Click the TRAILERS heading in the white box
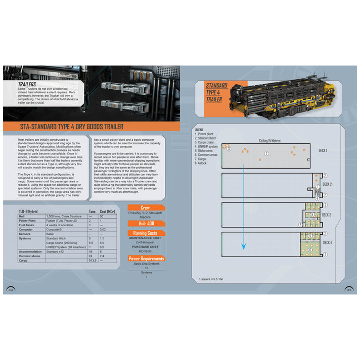click(27, 84)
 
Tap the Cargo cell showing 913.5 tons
click(93, 260)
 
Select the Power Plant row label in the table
click(28, 220)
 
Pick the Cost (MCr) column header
click(107, 211)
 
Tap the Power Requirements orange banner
click(146, 258)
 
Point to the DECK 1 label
click(323, 150)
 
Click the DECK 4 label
click(327, 242)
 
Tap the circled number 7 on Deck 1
click(266, 154)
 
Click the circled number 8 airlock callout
click(300, 225)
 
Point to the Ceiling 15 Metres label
click(269, 141)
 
